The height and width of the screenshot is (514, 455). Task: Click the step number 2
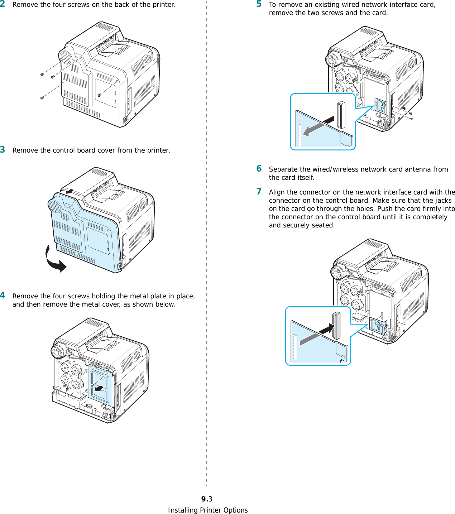coord(3,4)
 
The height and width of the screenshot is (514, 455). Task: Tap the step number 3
coord(3,149)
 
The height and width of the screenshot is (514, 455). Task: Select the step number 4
coord(3,296)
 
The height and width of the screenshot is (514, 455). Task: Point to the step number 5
coord(259,4)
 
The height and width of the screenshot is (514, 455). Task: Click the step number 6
coord(259,169)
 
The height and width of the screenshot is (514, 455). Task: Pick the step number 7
coord(259,192)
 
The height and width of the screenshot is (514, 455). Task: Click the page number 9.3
coord(207,499)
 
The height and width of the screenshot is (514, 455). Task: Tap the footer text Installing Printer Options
coord(208,510)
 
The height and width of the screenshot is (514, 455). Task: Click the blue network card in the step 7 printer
coord(378,325)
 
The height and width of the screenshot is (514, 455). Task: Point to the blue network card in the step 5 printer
coord(380,106)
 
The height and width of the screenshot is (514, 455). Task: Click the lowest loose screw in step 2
coord(42,97)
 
